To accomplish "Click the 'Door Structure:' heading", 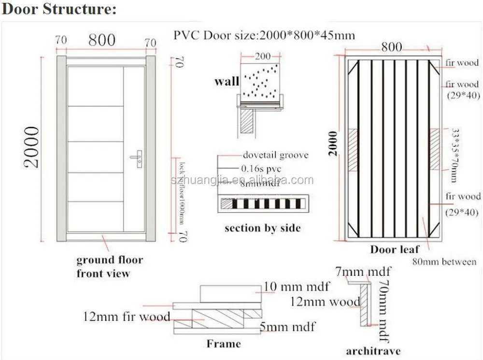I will click(x=59, y=10).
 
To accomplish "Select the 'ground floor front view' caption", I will click(x=109, y=266).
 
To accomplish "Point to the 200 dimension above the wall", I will click(x=263, y=56).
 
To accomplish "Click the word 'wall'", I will click(x=227, y=81).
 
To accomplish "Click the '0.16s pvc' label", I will click(x=261, y=169).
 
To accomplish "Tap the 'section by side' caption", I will click(x=262, y=228).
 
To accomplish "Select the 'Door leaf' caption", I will click(x=395, y=249).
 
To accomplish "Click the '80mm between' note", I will click(x=444, y=262).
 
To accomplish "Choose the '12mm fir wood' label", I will click(x=127, y=317).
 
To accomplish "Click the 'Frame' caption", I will click(x=223, y=344).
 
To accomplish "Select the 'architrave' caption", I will click(x=373, y=350).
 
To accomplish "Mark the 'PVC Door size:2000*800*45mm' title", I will click(x=264, y=35).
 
